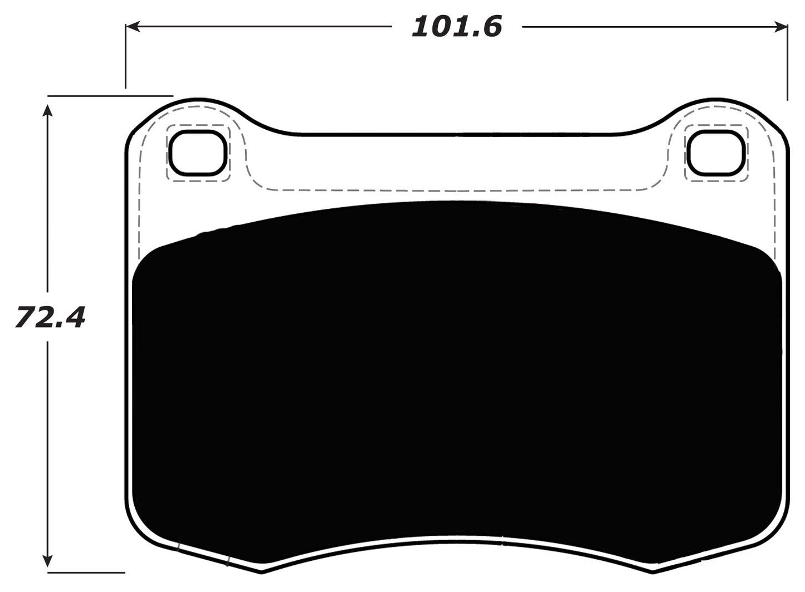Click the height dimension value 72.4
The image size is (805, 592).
coord(50,317)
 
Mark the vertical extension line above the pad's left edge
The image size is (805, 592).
coord(126,56)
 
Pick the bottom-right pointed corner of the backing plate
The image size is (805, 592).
coord(652,572)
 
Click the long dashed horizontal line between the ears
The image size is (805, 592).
coord(457,190)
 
